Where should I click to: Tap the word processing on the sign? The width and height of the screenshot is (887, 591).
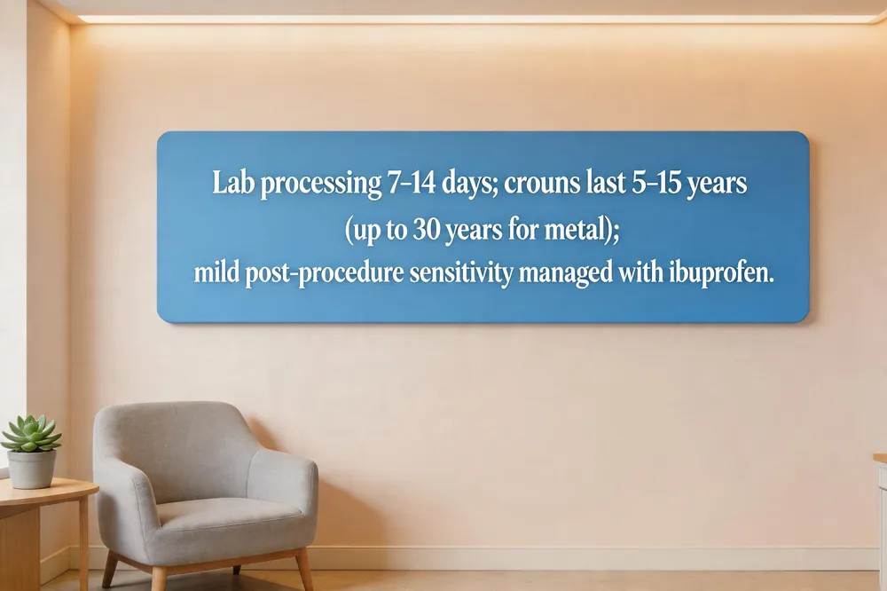click(321, 185)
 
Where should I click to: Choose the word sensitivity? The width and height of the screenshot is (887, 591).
click(461, 274)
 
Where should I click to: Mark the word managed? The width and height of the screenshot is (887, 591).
click(566, 274)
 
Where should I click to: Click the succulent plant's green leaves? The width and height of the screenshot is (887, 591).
click(32, 433)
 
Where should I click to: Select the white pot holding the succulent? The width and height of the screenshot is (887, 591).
click(31, 469)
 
